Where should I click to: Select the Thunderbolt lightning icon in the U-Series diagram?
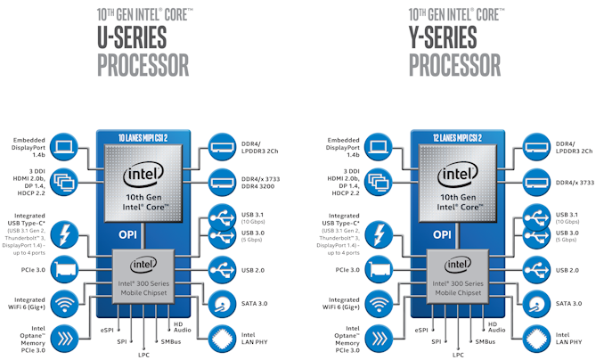pos(66,234)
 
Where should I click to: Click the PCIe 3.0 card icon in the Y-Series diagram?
pos(379,268)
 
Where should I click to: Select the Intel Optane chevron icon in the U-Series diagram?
pos(66,337)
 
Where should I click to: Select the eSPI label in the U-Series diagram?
pos(106,330)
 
